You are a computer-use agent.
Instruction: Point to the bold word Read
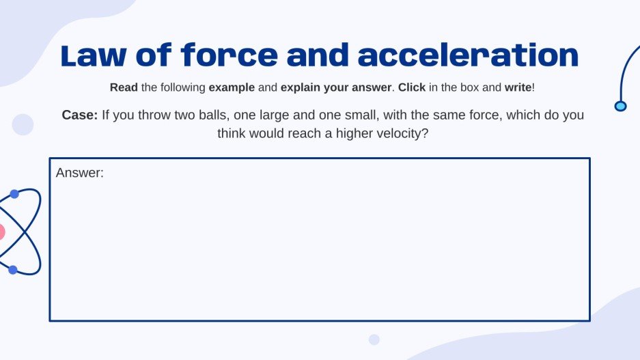[x=124, y=88]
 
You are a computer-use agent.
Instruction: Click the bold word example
[x=232, y=88]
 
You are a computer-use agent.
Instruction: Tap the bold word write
[x=518, y=88]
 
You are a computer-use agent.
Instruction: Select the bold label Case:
[x=80, y=115]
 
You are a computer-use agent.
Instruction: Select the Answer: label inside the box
[x=79, y=173]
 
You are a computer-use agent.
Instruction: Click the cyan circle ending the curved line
[x=620, y=106]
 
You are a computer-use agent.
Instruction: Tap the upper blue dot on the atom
[x=14, y=194]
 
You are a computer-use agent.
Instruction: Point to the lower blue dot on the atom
[x=13, y=270]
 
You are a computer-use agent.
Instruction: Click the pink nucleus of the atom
[x=1, y=232]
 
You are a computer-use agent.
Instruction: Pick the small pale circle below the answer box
[x=374, y=340]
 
